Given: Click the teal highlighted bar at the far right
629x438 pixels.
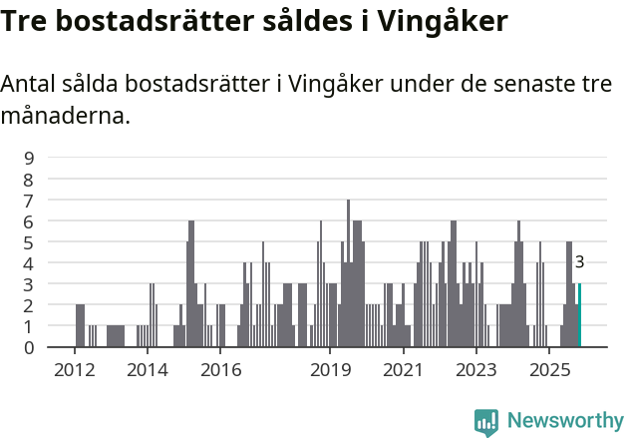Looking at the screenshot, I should (579, 315).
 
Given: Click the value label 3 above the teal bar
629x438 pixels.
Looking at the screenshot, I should (579, 262).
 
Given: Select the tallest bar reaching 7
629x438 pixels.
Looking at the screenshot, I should (348, 273).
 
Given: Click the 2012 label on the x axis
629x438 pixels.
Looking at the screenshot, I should (74, 370).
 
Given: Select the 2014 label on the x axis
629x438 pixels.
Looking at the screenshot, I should (148, 370).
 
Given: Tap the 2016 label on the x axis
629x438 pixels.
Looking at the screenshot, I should (220, 370).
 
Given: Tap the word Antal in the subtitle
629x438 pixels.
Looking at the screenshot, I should (30, 85).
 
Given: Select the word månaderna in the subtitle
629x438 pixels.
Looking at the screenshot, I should (66, 117).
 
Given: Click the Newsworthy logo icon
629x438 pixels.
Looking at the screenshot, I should (486, 422).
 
